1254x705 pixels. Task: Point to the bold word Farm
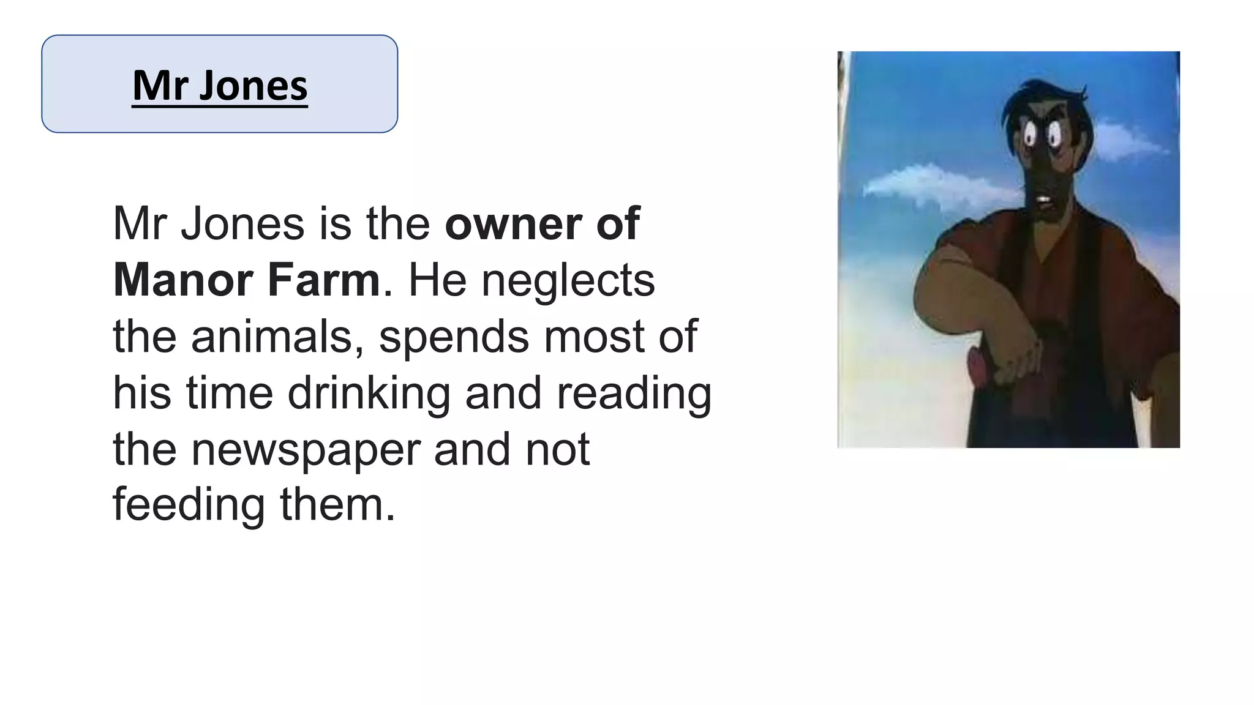click(324, 280)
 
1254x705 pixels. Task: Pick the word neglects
click(568, 280)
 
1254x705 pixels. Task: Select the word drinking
click(369, 393)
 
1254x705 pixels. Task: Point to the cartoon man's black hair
click(1041, 98)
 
